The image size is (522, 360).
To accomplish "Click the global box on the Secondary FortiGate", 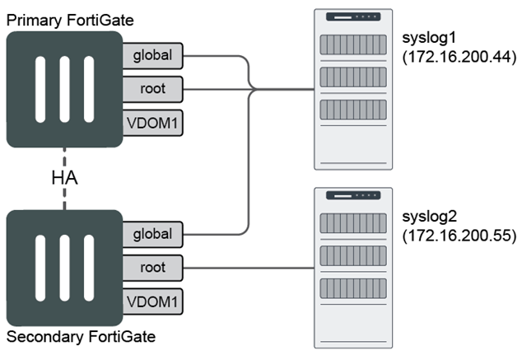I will tap(152, 234).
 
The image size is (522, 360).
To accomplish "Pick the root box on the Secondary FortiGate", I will tap(152, 268).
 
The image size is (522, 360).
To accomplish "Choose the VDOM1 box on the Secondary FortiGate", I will tap(152, 301).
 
